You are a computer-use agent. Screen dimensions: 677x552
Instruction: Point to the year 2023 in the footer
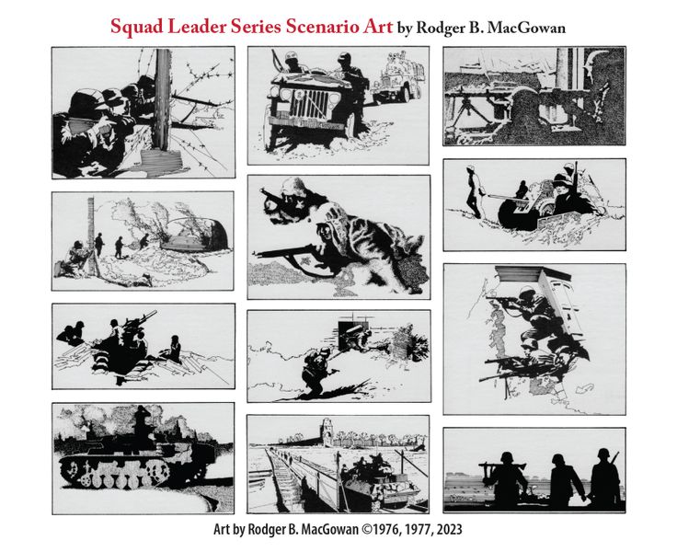[x=449, y=530]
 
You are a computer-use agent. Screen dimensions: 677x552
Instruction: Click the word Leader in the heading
[x=196, y=27]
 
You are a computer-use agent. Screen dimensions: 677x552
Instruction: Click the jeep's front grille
[x=310, y=105]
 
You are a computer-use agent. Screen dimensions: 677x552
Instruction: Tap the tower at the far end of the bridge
[x=328, y=431]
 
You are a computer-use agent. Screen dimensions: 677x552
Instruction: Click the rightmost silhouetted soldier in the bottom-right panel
[x=605, y=477]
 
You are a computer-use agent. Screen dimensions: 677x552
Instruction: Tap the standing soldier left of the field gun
[x=473, y=192]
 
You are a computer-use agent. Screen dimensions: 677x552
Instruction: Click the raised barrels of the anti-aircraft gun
[x=142, y=318]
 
